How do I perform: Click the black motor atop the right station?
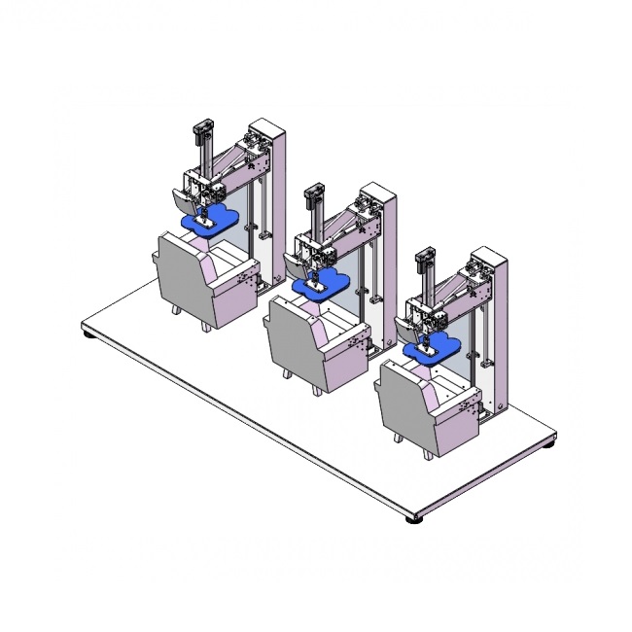[424, 259]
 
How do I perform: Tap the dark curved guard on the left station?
[180, 200]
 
